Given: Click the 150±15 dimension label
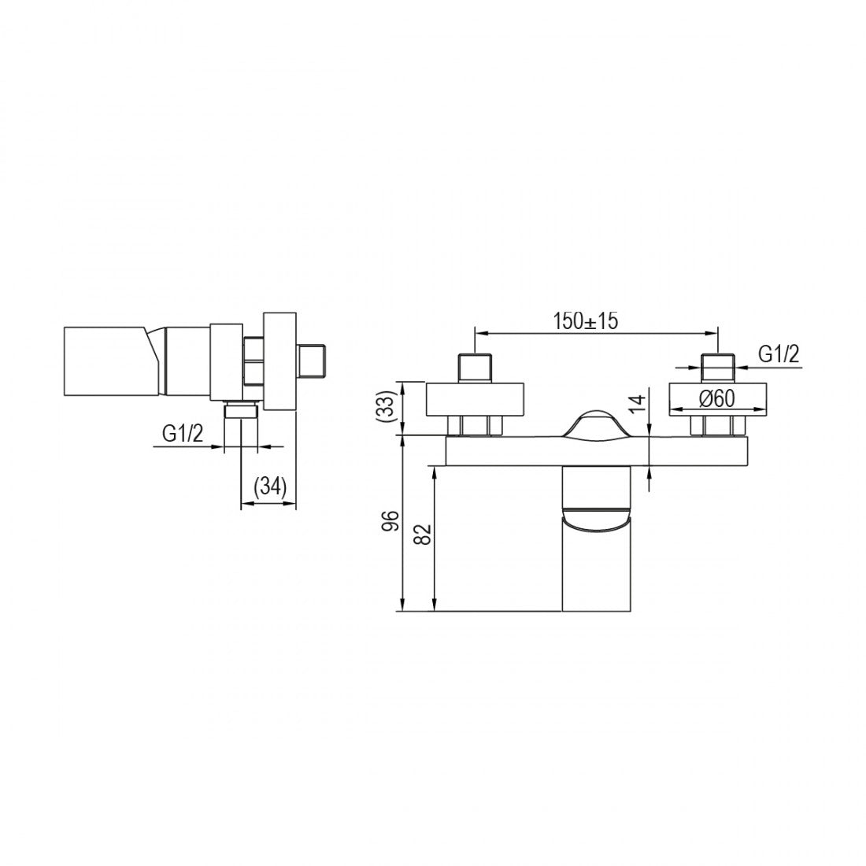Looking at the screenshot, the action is pyautogui.click(x=586, y=320).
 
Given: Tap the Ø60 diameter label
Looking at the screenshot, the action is pyautogui.click(x=717, y=398).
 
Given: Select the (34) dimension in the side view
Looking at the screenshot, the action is pyautogui.click(x=269, y=487).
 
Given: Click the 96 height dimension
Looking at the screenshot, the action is pyautogui.click(x=390, y=520).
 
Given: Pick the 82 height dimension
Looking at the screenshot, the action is pyautogui.click(x=423, y=534).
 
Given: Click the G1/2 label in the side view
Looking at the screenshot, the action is pyautogui.click(x=183, y=434).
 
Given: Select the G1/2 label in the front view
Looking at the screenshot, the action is pyautogui.click(x=779, y=353).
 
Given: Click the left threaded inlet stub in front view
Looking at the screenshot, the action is pyautogui.click(x=475, y=368).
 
